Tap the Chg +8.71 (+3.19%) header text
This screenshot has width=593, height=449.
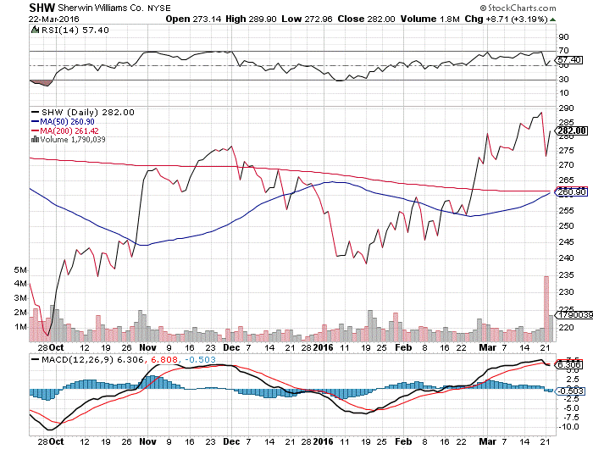pyautogui.click(x=490, y=19)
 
